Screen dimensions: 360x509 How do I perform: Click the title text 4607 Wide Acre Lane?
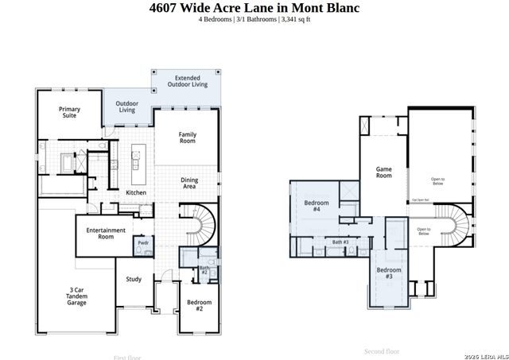tap(254, 8)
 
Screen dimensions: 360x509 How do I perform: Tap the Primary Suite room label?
tap(70, 112)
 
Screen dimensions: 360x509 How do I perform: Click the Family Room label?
tap(188, 139)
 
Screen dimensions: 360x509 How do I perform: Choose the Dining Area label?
tap(189, 183)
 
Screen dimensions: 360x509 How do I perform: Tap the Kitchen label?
tap(136, 193)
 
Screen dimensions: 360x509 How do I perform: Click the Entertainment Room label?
tap(106, 233)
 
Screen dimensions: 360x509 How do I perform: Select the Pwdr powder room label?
tap(143, 242)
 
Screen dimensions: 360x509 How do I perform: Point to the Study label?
tap(134, 279)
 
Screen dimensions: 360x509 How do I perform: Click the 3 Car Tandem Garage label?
tap(76, 297)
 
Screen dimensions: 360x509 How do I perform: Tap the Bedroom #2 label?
tap(199, 305)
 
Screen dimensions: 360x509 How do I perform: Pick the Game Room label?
tap(384, 172)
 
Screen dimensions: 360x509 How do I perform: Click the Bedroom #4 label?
tap(312, 206)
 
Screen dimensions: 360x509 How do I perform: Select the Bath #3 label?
tap(340, 242)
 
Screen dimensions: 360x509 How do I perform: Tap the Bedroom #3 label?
tap(389, 273)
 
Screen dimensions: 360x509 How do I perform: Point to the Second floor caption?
tap(382, 350)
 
